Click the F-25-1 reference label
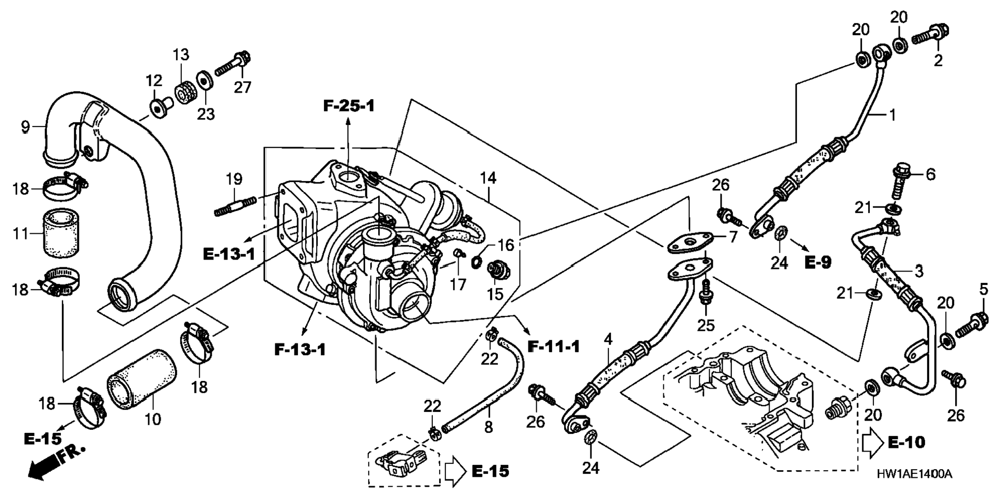pos(349,106)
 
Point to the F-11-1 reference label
pos(553,346)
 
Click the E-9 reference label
pos(818,262)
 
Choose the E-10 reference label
pos(907,442)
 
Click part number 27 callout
pos(242,87)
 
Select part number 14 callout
pos(488,178)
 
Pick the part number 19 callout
pos(234,179)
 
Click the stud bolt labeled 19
pos(235,206)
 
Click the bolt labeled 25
pos(704,296)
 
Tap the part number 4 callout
pos(608,339)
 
